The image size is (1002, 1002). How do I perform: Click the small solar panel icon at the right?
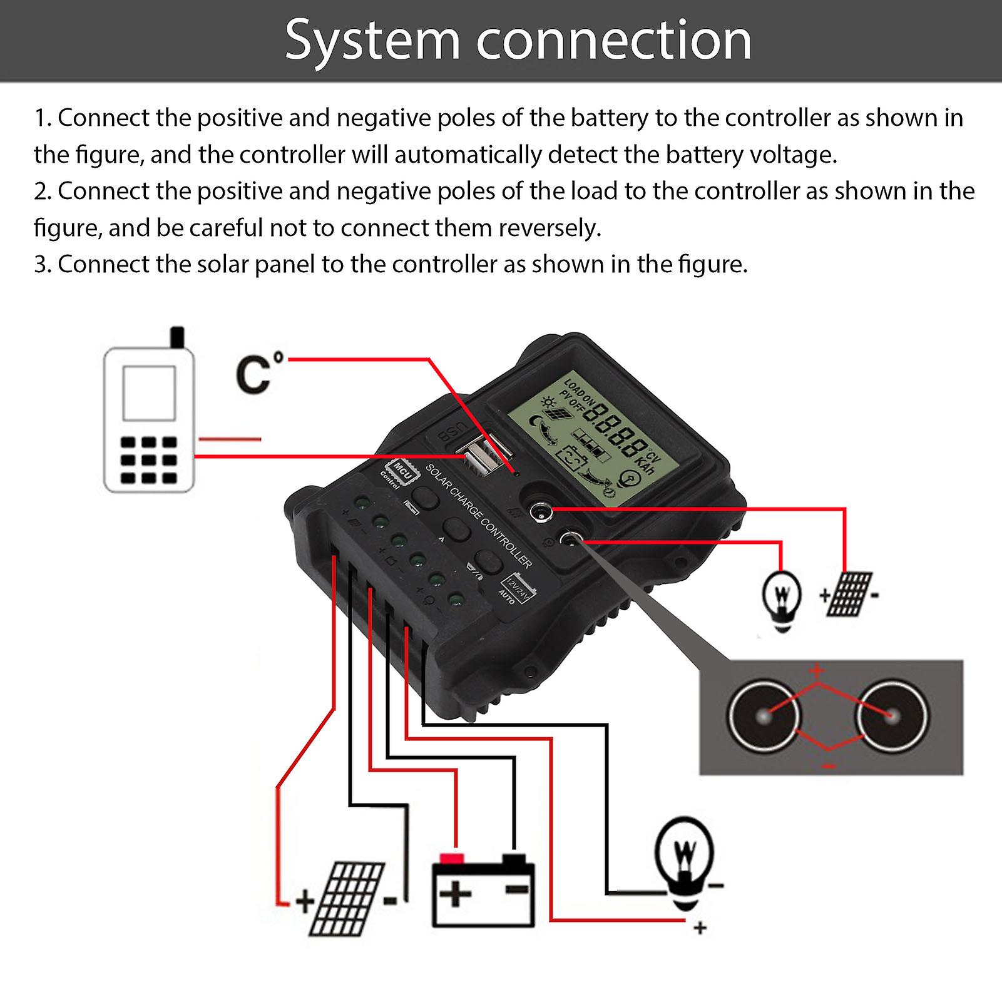tap(849, 593)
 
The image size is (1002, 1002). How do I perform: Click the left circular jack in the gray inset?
tap(764, 716)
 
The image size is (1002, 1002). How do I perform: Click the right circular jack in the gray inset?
tap(892, 716)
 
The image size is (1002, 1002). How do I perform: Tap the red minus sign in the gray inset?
tap(827, 765)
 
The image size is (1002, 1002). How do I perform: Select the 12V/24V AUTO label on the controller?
tap(514, 588)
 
